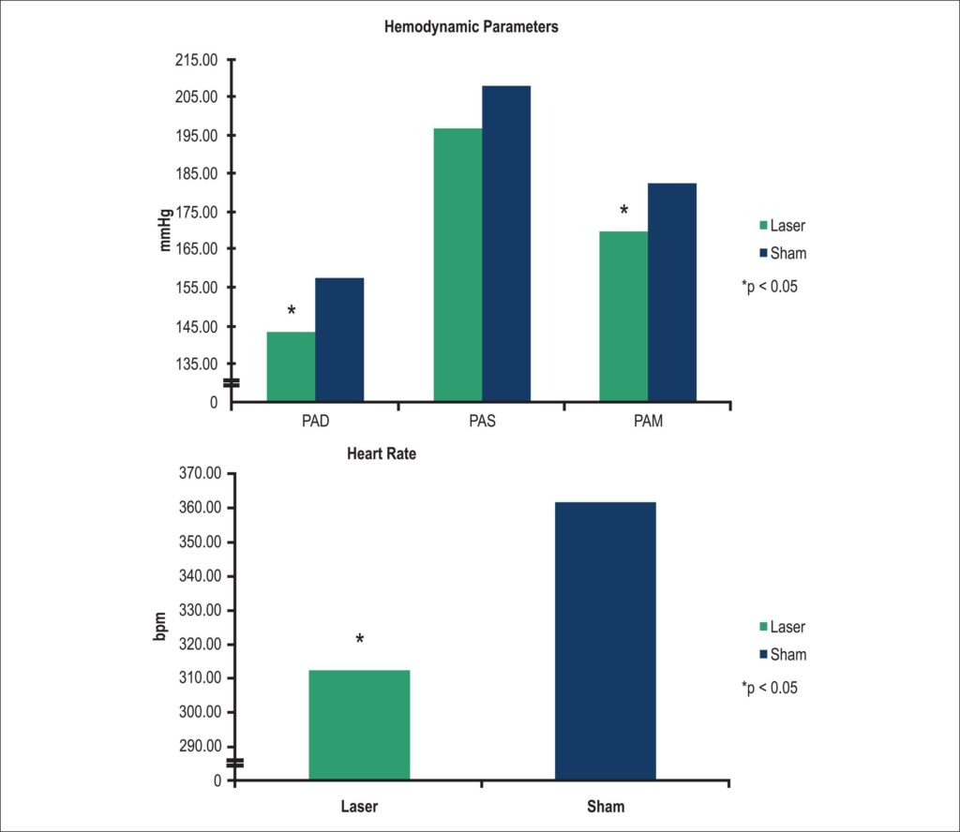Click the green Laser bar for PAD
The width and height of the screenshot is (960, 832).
[x=291, y=366]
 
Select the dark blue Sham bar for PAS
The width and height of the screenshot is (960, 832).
[x=506, y=244]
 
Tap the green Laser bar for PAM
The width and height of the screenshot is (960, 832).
[x=623, y=317]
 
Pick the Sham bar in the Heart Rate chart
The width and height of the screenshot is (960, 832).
[x=606, y=641]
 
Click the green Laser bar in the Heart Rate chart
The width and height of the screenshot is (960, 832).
[x=359, y=725]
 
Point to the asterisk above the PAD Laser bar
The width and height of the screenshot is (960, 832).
[x=292, y=311]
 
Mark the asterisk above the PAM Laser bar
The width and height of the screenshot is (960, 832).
[x=623, y=211]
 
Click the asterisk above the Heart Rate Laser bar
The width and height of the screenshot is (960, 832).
[x=360, y=639]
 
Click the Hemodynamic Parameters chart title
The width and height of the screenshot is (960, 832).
[x=472, y=27]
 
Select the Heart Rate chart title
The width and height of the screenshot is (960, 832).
[x=382, y=453]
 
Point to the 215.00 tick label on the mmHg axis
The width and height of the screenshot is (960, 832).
[x=197, y=60]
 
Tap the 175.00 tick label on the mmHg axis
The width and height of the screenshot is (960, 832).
[x=197, y=213]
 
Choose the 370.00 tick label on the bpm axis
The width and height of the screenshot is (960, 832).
[x=201, y=473]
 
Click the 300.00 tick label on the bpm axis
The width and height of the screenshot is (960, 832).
[x=201, y=712]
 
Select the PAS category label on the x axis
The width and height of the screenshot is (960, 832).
[x=483, y=421]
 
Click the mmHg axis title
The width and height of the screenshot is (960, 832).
[x=165, y=230]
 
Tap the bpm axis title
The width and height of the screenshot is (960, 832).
[x=159, y=627]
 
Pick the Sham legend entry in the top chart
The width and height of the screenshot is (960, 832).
[x=783, y=253]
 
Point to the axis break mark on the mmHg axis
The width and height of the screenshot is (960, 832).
[x=232, y=383]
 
